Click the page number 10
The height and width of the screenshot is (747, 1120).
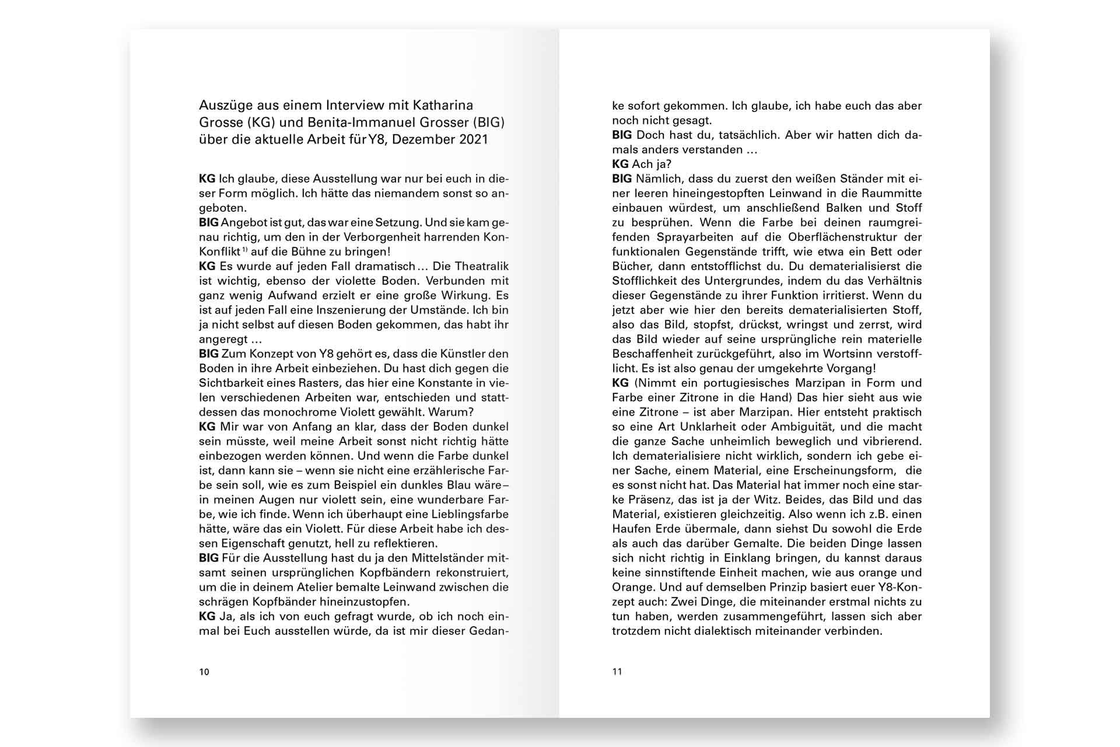(204, 672)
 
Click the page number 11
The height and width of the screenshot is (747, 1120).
(617, 672)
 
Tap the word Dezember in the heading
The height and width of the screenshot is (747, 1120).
(422, 139)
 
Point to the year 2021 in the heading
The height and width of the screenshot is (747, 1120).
(473, 139)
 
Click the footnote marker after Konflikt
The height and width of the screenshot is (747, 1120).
(245, 250)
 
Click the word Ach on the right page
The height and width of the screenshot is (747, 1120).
(642, 164)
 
